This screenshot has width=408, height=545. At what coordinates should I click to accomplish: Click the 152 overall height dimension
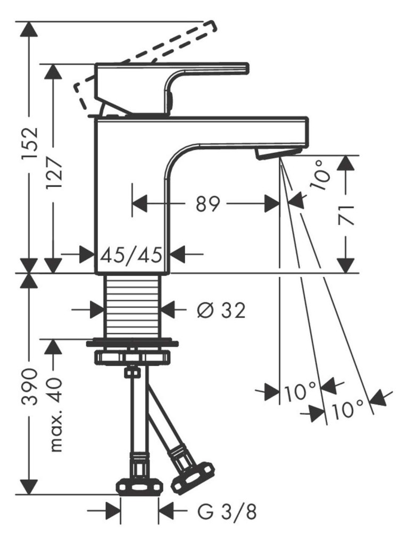coord(30,144)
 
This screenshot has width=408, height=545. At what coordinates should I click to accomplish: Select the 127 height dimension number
coord(53,173)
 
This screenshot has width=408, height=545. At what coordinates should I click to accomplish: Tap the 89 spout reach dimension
coord(208,204)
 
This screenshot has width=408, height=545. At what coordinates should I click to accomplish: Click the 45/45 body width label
coord(131,255)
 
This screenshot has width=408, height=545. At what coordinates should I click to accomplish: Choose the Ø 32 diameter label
coord(221,310)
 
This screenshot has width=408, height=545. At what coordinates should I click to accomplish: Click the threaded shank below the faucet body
coord(132,305)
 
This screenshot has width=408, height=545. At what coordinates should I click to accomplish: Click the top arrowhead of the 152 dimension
coord(29,29)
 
